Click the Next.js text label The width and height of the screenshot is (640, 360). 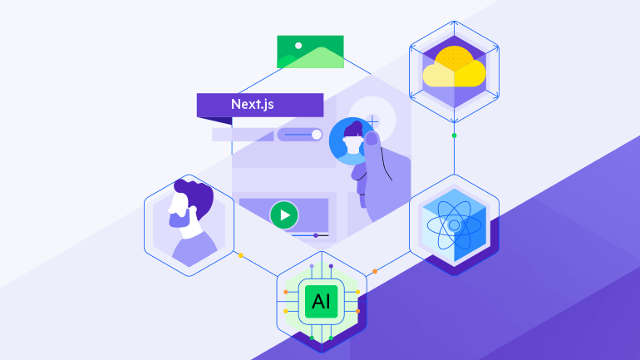[252, 105]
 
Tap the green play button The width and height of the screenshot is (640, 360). [284, 215]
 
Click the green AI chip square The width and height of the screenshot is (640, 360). [321, 302]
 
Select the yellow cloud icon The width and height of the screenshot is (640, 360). [454, 67]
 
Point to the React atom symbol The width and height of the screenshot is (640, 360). [454, 225]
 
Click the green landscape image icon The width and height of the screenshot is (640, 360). [310, 52]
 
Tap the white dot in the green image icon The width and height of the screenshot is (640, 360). [298, 46]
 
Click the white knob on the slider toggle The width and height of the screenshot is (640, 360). [317, 135]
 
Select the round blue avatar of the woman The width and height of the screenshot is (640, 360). [352, 141]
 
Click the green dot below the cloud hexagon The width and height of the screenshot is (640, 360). [454, 136]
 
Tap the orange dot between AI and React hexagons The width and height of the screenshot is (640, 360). [375, 271]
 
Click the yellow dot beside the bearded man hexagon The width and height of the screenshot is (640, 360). [241, 255]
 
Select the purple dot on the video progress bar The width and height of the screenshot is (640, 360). [316, 235]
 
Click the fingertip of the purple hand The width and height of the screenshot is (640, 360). [372, 138]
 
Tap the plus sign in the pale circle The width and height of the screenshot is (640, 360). [372, 121]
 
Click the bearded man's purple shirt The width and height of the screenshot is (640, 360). [194, 249]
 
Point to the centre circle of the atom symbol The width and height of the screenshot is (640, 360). [454, 225]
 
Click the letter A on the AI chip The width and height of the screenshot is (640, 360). [316, 302]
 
